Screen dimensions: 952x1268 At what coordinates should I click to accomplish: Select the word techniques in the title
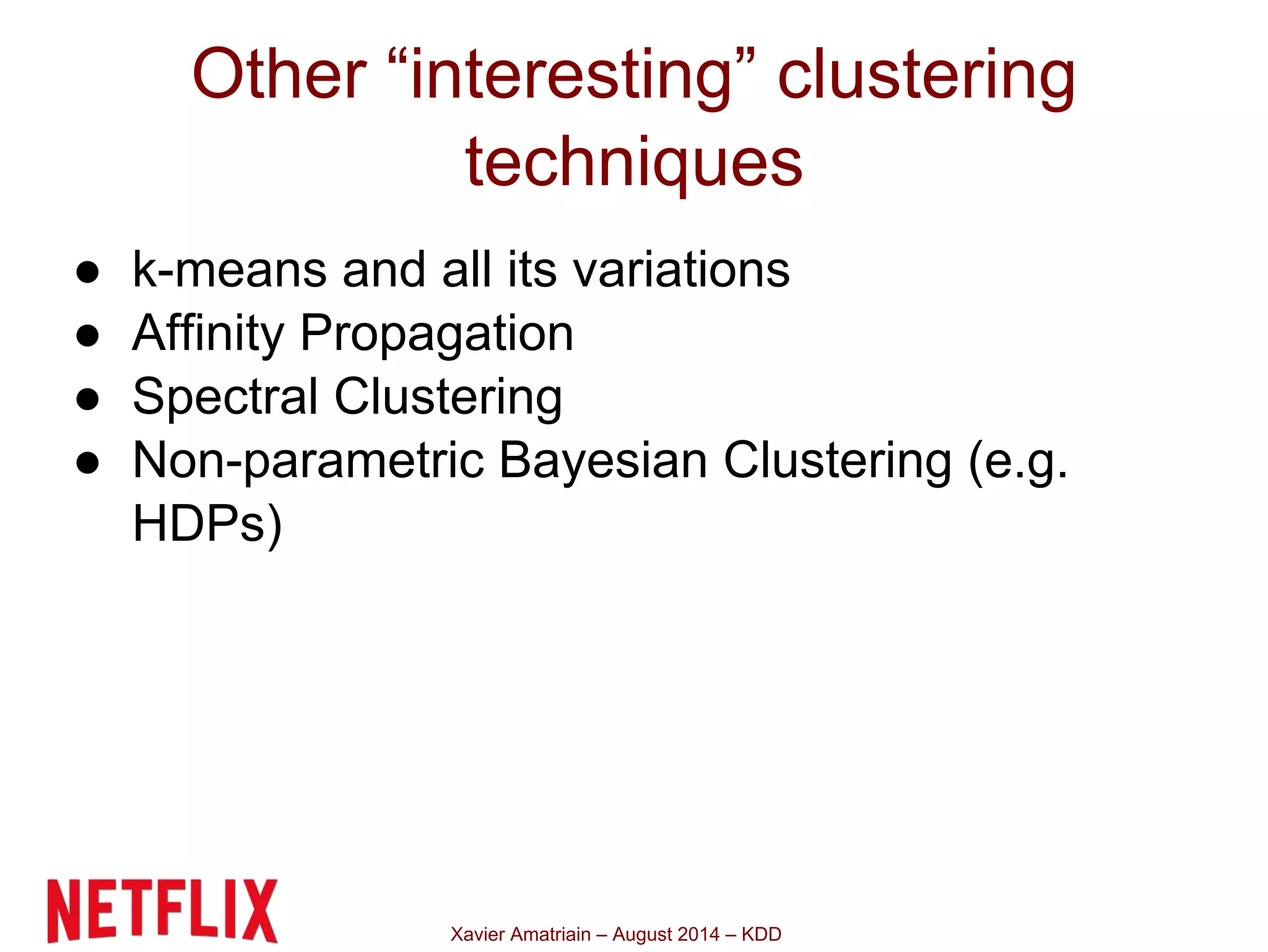(634, 162)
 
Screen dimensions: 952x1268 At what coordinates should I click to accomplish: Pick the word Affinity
(208, 334)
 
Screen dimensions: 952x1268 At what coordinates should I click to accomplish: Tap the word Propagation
(437, 335)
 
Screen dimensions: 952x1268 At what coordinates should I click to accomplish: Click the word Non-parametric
(308, 461)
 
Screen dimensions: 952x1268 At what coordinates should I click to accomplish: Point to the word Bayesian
(603, 461)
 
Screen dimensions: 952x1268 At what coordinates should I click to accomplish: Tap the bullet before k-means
(87, 272)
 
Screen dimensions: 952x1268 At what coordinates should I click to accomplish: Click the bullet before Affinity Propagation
(87, 336)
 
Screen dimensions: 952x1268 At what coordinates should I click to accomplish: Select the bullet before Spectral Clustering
(87, 400)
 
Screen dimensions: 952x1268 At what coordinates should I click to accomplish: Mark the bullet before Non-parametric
(87, 463)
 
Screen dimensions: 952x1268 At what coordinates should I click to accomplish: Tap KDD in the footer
(762, 934)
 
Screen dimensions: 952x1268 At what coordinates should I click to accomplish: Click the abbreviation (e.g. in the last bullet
(1018, 461)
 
